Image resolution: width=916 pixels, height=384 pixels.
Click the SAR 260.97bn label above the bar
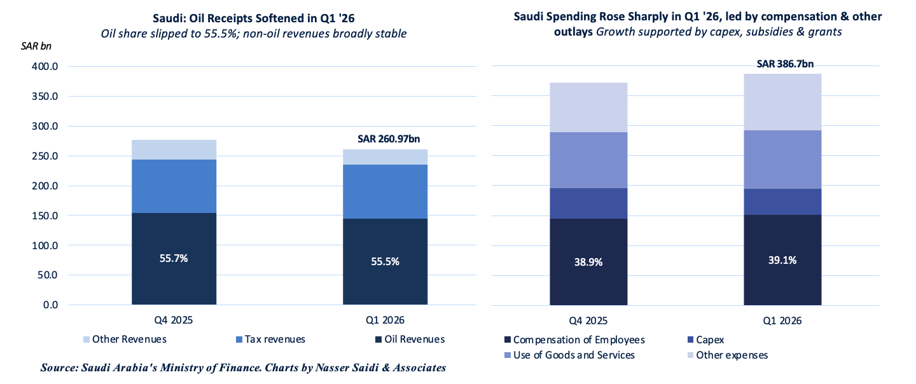click(x=389, y=139)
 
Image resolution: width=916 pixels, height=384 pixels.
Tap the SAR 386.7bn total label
click(x=785, y=64)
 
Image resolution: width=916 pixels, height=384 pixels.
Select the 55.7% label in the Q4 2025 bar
click(x=174, y=258)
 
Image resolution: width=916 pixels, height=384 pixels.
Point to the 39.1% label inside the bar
click(x=782, y=260)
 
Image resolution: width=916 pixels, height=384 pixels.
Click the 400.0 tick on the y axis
click(x=45, y=66)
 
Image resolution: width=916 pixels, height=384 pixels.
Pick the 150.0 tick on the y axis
click(x=45, y=216)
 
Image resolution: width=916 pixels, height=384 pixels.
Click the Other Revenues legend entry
click(x=125, y=339)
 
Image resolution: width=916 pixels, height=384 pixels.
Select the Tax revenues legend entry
click(x=271, y=339)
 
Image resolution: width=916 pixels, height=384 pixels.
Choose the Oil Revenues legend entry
click(x=410, y=339)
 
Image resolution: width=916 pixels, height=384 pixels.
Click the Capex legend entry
click(x=706, y=340)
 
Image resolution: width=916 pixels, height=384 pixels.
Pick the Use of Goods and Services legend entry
click(x=570, y=355)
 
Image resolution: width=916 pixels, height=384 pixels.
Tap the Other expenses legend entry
click(x=728, y=355)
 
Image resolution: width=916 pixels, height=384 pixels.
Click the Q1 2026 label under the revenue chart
click(x=385, y=320)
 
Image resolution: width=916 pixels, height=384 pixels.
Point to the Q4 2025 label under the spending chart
click(x=588, y=320)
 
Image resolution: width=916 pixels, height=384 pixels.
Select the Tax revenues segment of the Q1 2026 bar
click(x=385, y=191)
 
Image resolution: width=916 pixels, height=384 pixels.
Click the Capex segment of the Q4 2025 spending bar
click(x=588, y=203)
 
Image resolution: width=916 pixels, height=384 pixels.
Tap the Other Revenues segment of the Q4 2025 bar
click(x=174, y=149)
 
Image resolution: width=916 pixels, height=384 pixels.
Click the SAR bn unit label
click(x=36, y=46)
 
